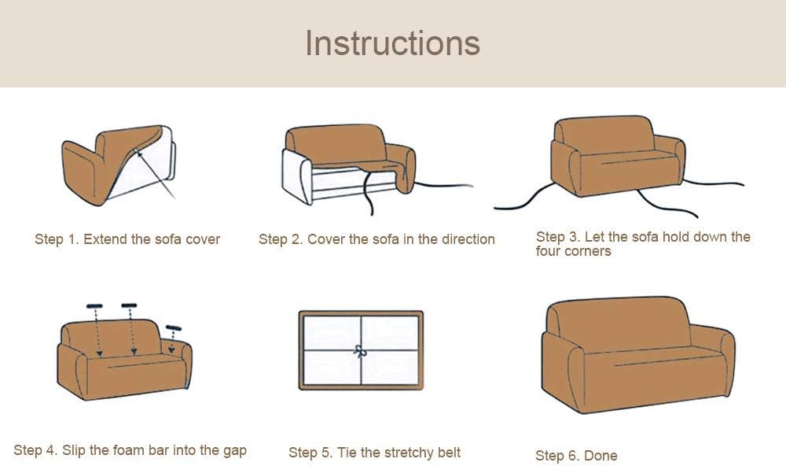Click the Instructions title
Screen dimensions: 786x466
(392, 43)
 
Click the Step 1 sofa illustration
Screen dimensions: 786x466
(119, 165)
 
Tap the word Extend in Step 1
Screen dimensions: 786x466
(105, 239)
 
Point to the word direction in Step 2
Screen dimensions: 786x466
(468, 239)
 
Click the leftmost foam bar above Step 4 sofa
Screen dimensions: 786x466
(94, 305)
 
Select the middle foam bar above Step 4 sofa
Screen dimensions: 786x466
(129, 305)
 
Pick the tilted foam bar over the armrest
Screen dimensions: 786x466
(174, 328)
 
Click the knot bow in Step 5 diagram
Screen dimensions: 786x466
(360, 351)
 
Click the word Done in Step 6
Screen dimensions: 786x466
(601, 456)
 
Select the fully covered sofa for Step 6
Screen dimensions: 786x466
(637, 354)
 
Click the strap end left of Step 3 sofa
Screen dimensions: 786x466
(495, 207)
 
